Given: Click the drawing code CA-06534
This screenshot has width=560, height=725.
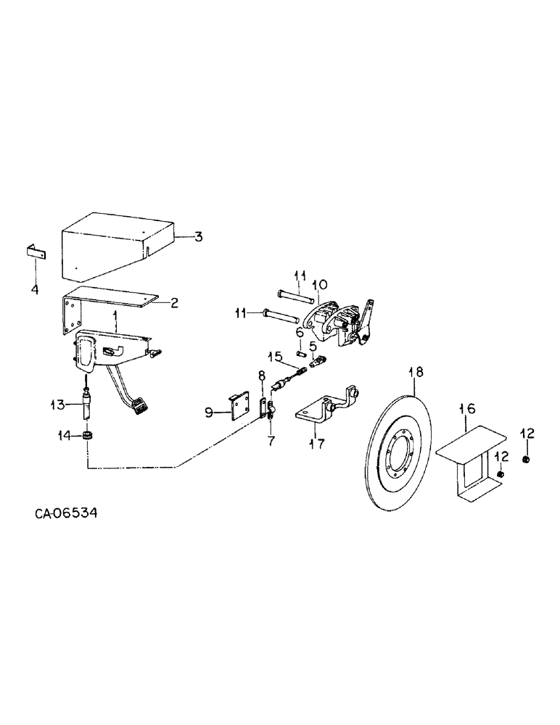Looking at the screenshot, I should click(65, 513).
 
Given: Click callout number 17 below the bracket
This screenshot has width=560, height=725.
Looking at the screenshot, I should click(317, 442).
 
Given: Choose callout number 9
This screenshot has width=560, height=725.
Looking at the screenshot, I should click(209, 413).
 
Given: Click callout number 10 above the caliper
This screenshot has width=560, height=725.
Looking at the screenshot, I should click(320, 283).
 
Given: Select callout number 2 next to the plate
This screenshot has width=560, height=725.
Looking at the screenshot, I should click(174, 303).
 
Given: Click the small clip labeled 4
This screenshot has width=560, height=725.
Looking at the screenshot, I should click(34, 252).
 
